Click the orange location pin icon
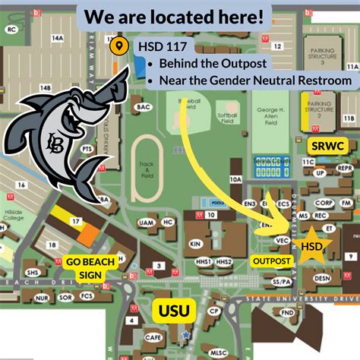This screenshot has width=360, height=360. [x=118, y=46]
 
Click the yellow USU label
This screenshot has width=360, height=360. [x=174, y=310]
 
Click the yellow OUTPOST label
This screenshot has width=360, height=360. [x=272, y=261]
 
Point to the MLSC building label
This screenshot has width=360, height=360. [x=218, y=352]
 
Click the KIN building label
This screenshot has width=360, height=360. [x=196, y=245]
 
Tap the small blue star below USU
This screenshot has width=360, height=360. [x=185, y=333]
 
